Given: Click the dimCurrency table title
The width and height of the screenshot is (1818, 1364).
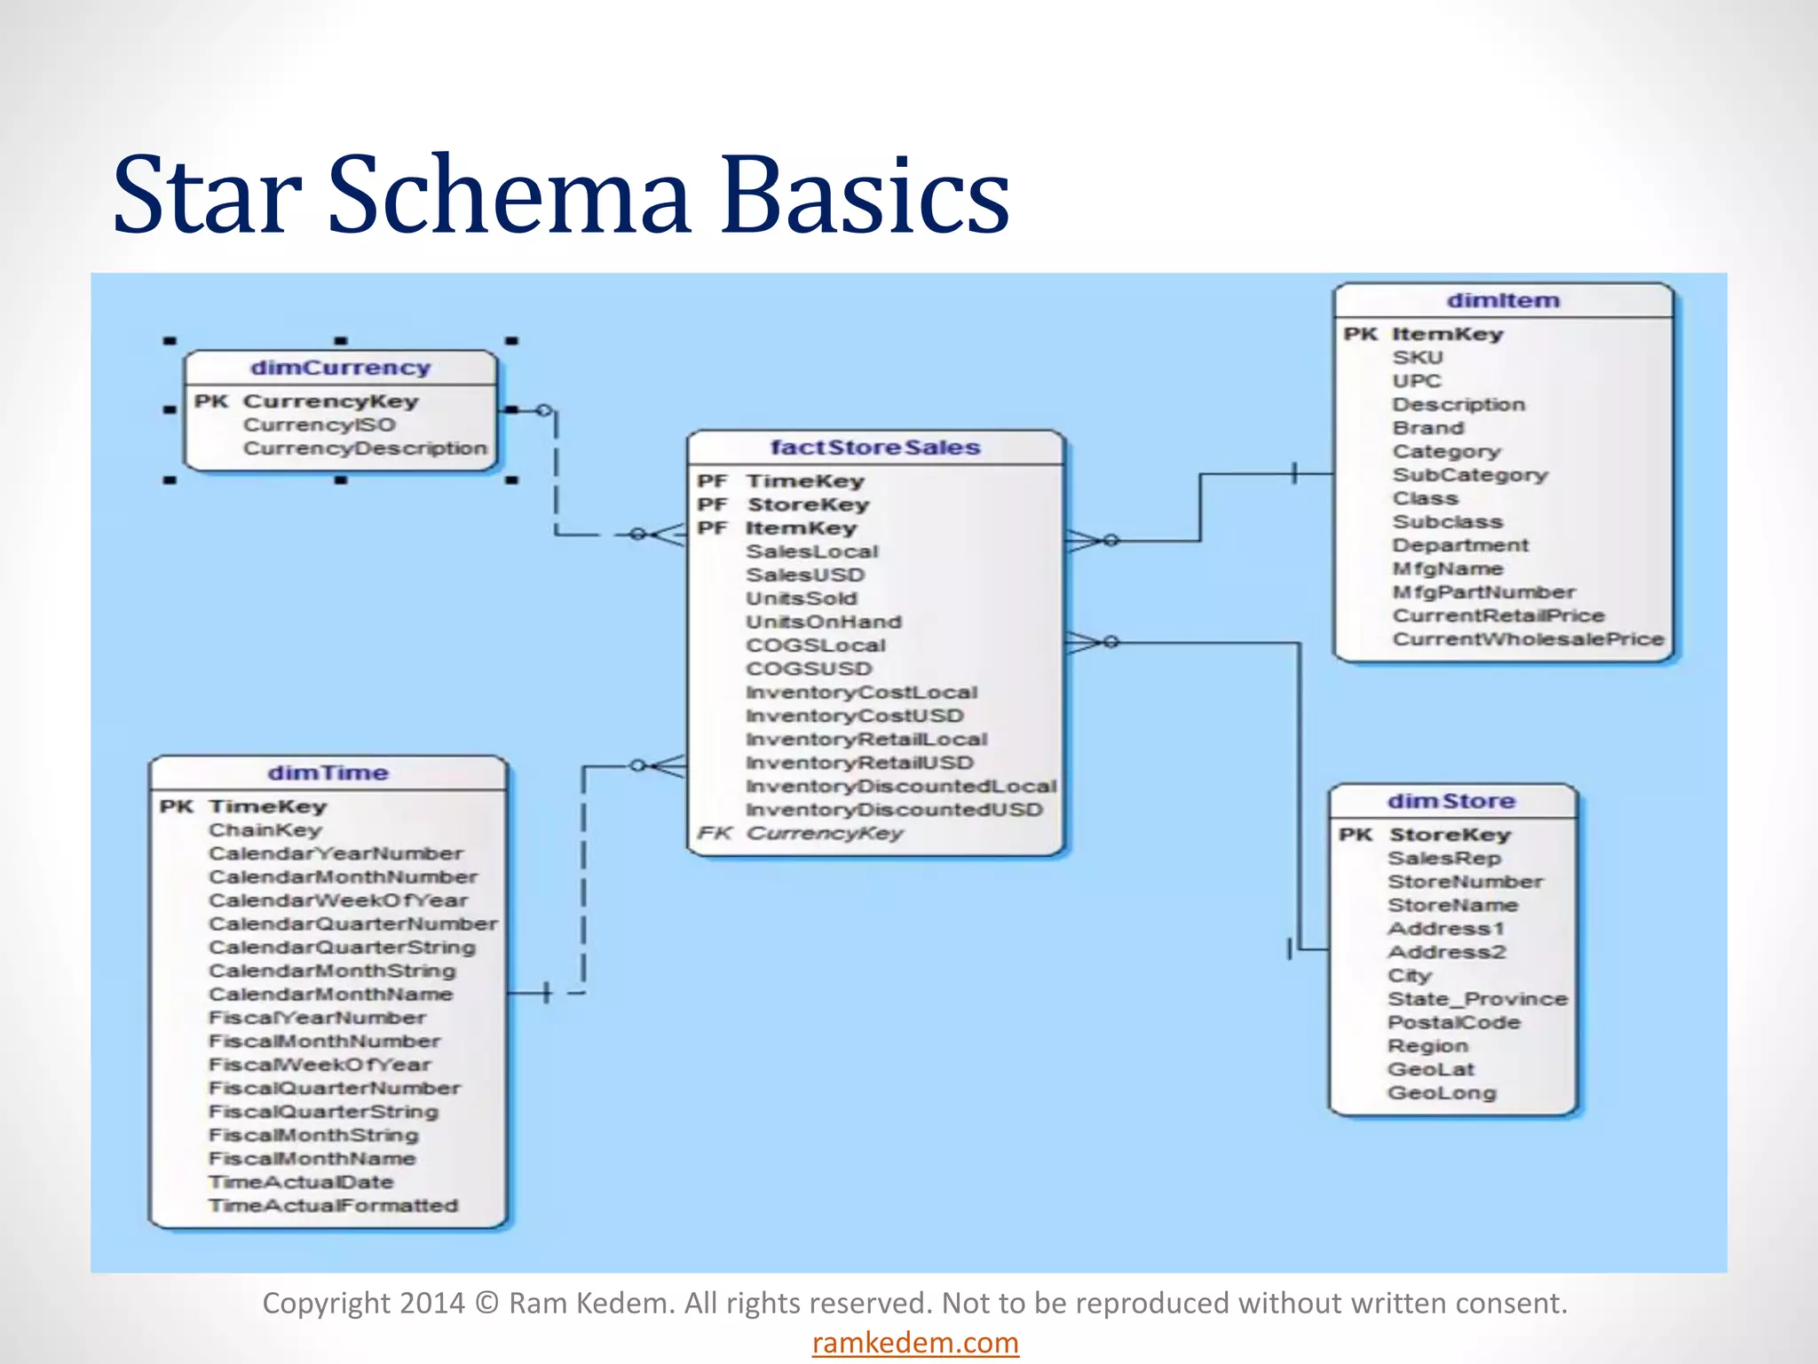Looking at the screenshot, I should tap(340, 368).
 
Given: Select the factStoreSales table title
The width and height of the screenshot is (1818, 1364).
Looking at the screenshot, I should tap(874, 448).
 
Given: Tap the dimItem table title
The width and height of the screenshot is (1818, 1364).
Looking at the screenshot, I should tap(1503, 301).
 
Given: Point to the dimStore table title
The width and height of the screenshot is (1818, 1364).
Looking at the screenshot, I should tap(1451, 801).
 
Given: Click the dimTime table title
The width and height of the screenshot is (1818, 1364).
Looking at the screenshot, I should tap(328, 773).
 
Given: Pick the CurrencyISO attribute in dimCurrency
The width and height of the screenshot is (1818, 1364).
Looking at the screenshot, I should tap(320, 425).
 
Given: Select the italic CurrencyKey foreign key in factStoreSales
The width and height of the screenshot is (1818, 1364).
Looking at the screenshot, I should tap(824, 834).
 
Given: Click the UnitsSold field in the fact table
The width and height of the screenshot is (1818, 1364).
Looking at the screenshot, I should tap(802, 599).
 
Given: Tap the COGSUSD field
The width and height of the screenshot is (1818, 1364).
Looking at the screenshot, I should tap(809, 669).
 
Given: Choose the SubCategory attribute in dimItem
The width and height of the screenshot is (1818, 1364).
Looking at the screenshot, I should tap(1469, 475).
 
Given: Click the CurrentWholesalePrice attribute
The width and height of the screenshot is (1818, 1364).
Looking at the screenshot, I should tap(1528, 639).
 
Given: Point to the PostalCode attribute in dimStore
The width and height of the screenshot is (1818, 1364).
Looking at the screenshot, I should tap(1453, 1023).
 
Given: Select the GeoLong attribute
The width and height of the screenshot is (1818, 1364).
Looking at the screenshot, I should tap(1442, 1093).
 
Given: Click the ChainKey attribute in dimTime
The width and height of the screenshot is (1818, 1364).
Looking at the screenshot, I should tap(265, 830).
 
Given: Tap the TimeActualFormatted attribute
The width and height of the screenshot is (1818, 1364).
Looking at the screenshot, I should tap(334, 1206).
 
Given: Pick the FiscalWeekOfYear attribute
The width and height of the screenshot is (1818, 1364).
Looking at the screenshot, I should tap(320, 1065).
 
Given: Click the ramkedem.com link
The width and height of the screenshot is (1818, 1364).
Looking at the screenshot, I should tap(915, 1343).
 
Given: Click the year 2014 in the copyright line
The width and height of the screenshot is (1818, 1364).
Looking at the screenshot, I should tap(431, 1303).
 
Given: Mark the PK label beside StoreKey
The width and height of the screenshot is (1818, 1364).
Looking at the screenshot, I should tap(1356, 835).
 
